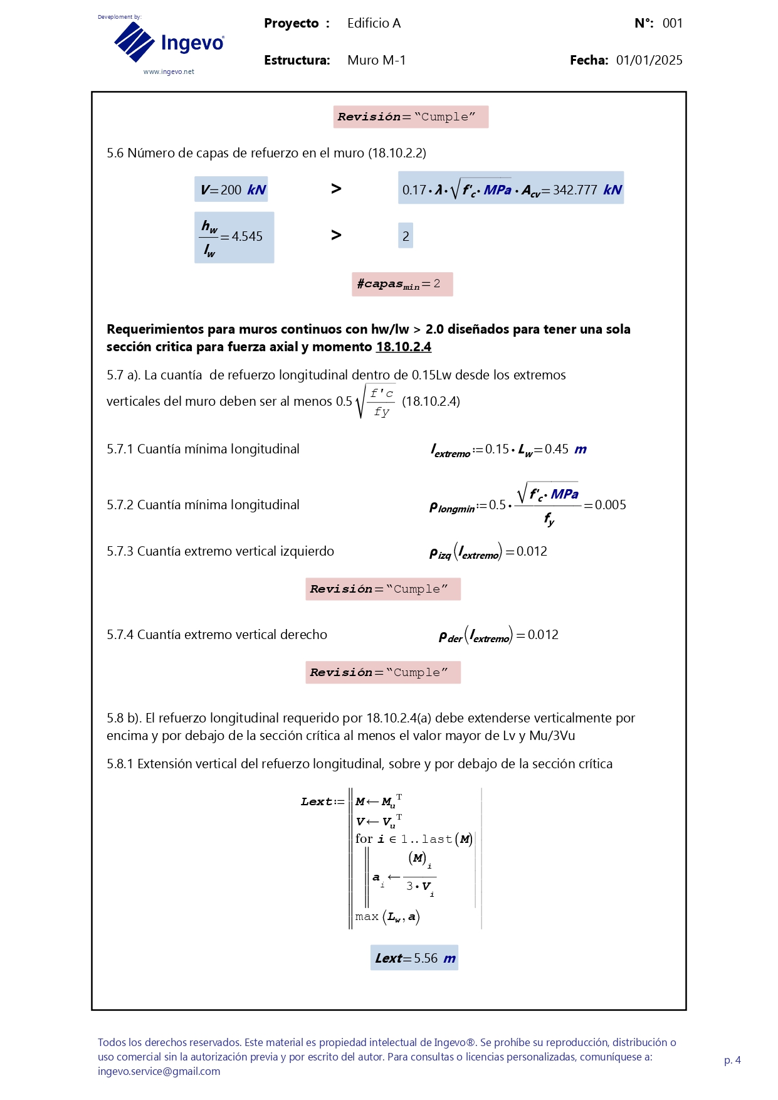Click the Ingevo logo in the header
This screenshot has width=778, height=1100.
point(168,42)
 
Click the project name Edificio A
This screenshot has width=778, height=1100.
point(374,23)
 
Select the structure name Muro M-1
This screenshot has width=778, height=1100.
point(376,60)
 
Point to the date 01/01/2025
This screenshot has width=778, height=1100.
point(649,60)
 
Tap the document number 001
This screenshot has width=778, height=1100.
point(672,23)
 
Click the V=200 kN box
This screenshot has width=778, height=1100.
point(231,189)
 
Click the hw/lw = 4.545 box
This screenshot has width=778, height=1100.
point(234,237)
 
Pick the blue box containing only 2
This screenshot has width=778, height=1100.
point(406,236)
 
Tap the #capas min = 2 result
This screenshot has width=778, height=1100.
point(402,284)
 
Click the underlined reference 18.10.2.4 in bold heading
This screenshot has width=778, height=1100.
point(403,347)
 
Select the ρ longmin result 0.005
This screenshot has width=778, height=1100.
point(610,505)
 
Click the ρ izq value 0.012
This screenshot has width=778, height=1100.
point(532,551)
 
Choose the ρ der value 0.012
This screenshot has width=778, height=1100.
point(543,635)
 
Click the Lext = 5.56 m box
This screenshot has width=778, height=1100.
point(414,958)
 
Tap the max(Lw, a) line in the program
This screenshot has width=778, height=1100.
point(387,917)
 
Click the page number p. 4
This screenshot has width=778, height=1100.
point(732,1060)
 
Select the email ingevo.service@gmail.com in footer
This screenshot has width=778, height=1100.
point(159,1071)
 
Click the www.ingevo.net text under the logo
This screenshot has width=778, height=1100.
point(169,71)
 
